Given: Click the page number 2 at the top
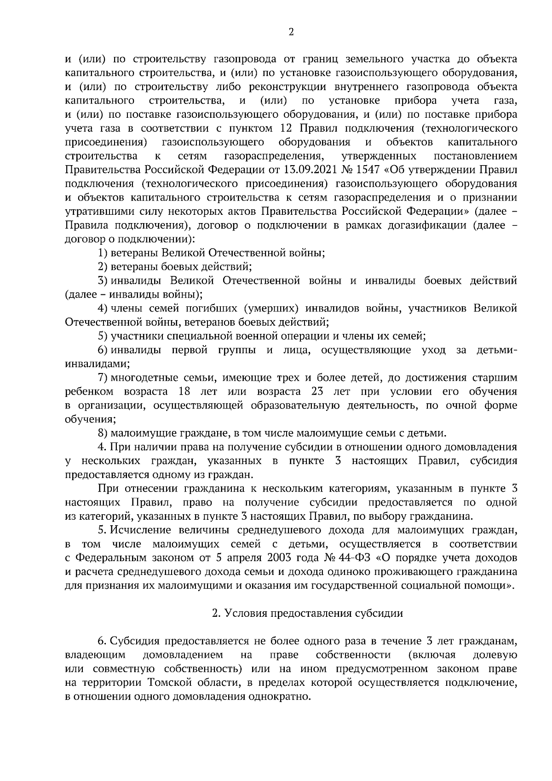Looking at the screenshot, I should coord(290,32).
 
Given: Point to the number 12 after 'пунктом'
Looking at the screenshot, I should coord(285,128).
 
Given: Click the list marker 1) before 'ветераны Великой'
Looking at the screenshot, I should coord(103,253).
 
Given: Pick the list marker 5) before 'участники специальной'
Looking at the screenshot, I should coord(103,336).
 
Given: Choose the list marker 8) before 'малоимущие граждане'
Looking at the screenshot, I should coord(103,433).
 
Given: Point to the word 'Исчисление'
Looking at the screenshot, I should coord(143,530).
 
